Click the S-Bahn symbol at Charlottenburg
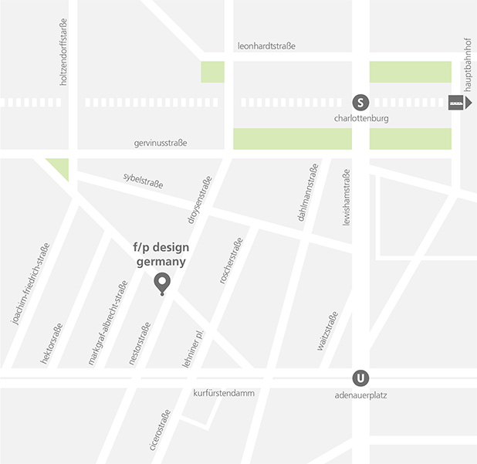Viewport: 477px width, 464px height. point(360,102)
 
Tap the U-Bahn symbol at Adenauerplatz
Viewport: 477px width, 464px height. point(360,378)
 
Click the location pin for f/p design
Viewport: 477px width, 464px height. point(161,284)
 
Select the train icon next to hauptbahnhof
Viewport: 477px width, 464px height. point(457,102)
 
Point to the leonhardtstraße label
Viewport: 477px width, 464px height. point(266,46)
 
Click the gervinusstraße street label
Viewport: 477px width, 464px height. point(160,143)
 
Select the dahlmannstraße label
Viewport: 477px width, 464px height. point(307,194)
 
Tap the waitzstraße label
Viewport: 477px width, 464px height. point(327,331)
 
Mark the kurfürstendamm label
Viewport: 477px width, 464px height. point(223,393)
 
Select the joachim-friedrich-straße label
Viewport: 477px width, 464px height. point(30,283)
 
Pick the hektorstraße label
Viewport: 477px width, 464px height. point(51,344)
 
